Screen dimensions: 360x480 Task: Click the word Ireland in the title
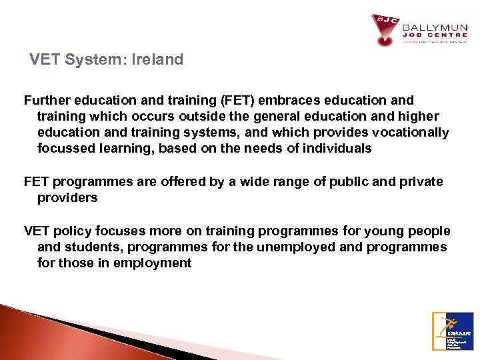pos(159,59)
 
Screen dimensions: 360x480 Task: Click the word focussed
pos(65,148)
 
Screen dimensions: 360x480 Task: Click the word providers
pos(67,197)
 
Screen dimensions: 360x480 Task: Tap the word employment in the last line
pos(153,263)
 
